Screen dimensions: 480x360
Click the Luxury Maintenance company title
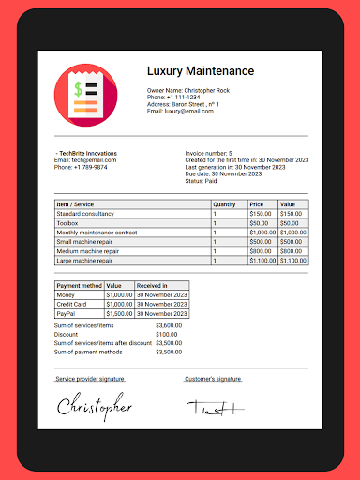pyautogui.click(x=201, y=71)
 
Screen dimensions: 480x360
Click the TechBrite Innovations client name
pyautogui.click(x=87, y=153)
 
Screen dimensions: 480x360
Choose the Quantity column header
pyautogui.click(x=224, y=203)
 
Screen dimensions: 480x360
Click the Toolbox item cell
pyautogui.click(x=68, y=223)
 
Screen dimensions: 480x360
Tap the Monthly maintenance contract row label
pyautogui.click(x=97, y=232)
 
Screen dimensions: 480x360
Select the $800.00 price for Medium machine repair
pyautogui.click(x=260, y=251)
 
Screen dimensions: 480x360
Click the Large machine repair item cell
pyautogui.click(x=85, y=261)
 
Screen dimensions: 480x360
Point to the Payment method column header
pyautogui.click(x=78, y=285)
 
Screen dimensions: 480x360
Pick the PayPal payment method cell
pyautogui.click(x=68, y=313)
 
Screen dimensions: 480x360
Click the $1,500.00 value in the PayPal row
pyautogui.click(x=119, y=313)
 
